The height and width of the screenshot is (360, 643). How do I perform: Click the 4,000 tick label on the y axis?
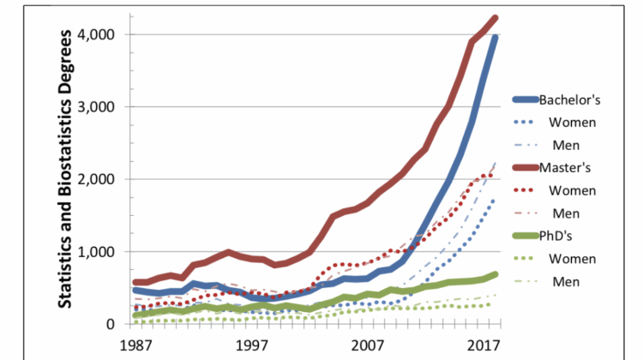click(x=96, y=34)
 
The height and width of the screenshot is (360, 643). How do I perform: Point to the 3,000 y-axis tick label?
click(x=96, y=107)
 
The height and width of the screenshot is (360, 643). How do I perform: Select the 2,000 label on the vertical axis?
click(x=96, y=179)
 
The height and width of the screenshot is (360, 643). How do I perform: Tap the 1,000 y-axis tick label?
click(x=96, y=252)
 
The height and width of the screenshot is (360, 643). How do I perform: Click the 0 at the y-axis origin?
click(x=111, y=324)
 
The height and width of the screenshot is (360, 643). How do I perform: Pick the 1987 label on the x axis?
click(x=135, y=345)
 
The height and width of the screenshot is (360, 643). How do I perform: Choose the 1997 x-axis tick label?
click(x=252, y=345)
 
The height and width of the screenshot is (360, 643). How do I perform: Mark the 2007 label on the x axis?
click(x=368, y=345)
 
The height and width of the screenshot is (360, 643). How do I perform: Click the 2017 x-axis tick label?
click(x=484, y=345)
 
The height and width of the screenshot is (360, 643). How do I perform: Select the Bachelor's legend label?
click(x=569, y=99)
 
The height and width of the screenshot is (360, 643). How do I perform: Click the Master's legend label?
click(x=565, y=168)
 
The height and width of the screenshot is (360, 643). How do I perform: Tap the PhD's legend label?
click(x=556, y=236)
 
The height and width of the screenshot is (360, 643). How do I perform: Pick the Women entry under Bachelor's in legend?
click(x=573, y=123)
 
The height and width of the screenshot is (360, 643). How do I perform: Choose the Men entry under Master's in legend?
click(x=566, y=213)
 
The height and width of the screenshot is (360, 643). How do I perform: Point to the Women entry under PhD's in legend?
click(x=573, y=259)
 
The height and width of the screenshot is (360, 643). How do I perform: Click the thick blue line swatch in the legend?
click(x=526, y=99)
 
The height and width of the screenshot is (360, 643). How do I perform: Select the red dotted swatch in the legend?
click(x=523, y=190)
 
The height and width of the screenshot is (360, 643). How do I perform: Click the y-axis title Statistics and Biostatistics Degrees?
click(x=64, y=169)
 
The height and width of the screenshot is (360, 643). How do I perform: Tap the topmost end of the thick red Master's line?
click(x=495, y=18)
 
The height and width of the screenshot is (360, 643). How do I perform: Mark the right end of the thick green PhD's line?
click(x=495, y=274)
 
